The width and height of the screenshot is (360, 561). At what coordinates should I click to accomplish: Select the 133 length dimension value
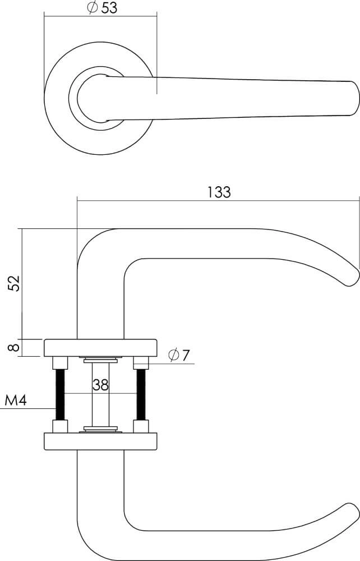[219, 192]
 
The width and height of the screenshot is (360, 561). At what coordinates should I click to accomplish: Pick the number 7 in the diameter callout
[186, 355]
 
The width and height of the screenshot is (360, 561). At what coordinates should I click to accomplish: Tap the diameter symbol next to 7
[173, 355]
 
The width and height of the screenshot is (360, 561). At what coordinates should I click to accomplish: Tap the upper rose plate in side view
[100, 348]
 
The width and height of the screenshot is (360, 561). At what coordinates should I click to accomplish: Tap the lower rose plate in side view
[100, 441]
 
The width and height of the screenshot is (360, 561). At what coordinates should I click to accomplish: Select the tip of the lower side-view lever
[352, 513]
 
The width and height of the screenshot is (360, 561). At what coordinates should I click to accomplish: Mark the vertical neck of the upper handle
[100, 303]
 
